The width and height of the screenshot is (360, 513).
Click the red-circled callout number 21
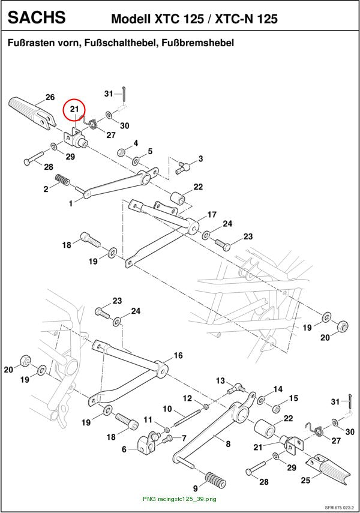[74, 108]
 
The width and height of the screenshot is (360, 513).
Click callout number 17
[212, 215]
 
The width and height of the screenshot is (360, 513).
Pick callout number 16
[178, 355]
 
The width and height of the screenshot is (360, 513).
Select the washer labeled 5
[136, 161]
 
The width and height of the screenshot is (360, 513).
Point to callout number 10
[167, 409]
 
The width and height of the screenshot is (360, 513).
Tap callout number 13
[221, 381]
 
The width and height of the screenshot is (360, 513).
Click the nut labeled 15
[277, 409]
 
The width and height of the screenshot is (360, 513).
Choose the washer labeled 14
[262, 400]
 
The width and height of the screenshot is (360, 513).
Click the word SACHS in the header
[37, 17]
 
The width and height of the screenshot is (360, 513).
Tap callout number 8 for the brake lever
[228, 444]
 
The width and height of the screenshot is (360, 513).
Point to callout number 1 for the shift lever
[71, 203]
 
